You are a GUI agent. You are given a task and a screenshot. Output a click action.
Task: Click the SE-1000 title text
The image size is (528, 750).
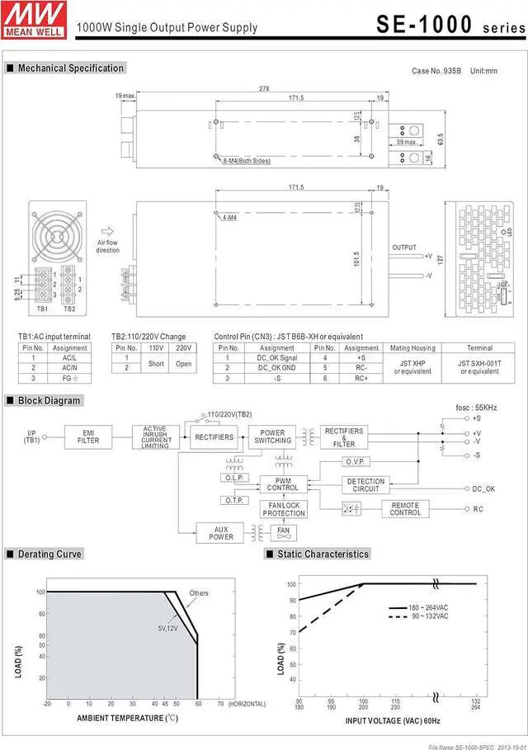[x=422, y=25]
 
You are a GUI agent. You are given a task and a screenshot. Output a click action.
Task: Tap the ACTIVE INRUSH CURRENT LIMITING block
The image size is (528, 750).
[x=156, y=436]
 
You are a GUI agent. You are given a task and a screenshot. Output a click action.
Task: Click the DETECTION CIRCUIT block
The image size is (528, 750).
[x=365, y=486]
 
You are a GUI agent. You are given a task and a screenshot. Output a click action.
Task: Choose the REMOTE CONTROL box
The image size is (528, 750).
[x=405, y=509]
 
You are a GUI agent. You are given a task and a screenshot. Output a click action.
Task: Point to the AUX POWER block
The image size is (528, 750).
[x=221, y=533]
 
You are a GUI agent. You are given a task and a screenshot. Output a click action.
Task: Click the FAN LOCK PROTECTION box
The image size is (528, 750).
[x=283, y=509]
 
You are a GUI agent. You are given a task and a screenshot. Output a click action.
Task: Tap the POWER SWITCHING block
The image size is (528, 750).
[x=272, y=436]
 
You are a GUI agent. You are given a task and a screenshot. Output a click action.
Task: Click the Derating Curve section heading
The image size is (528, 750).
[x=49, y=554]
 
